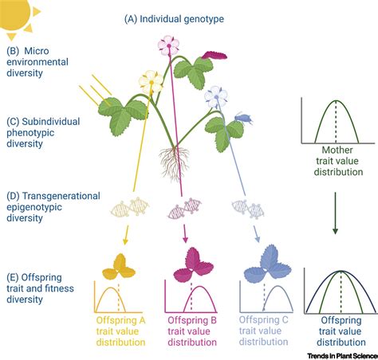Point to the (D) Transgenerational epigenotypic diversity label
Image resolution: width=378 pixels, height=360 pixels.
pos(52,205)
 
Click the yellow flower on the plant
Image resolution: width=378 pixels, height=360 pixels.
pos(150,80)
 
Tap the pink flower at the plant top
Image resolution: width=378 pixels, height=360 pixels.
pos(169,45)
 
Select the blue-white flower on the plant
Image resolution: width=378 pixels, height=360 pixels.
pos(215,97)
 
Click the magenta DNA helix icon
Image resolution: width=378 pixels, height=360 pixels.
pos(184,209)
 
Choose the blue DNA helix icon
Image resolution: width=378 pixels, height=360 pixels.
pos(250,208)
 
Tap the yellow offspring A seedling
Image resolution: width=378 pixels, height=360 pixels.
pos(119,265)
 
